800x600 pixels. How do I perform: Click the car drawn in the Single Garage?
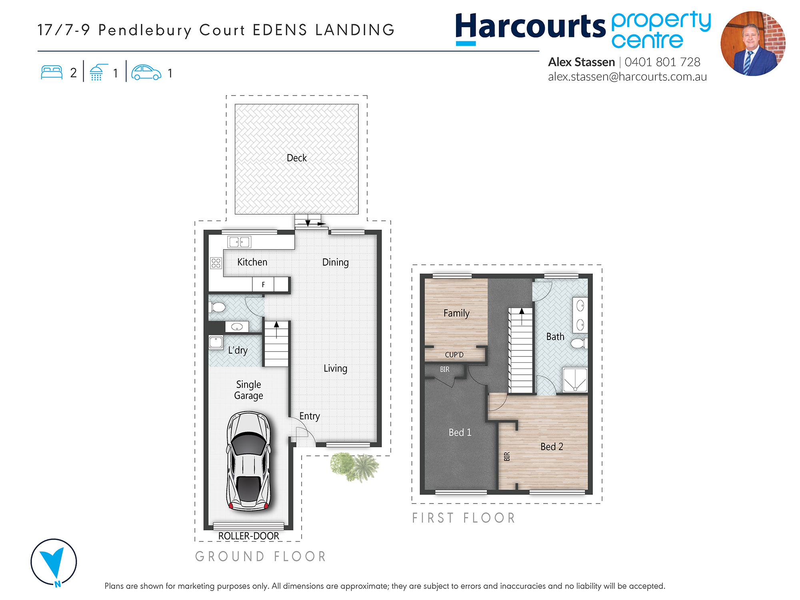coord(248,461)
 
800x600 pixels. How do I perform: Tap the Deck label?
coord(297,158)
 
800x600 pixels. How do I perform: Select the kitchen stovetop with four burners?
coord(216,263)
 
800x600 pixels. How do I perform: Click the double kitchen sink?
coord(239,242)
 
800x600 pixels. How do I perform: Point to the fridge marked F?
coord(263,284)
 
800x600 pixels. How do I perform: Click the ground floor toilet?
coord(217,307)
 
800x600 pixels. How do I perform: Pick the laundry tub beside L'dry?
coord(216,342)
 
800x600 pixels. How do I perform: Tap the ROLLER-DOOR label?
coord(248,536)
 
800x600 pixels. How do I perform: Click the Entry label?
coord(310,416)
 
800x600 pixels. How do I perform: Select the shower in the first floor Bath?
coord(575,380)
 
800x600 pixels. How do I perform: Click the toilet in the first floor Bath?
coord(579,343)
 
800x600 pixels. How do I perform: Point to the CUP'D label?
coord(454,355)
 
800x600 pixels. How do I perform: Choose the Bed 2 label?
coord(552,447)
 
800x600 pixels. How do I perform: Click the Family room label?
coord(456,313)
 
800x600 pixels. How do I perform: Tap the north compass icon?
coord(54,562)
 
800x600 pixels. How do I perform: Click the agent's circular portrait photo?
coord(753,44)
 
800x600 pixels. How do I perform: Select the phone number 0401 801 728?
coord(662,62)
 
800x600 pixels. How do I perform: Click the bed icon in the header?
coord(52,72)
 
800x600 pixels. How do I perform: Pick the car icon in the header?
coord(146,72)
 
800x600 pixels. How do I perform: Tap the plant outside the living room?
coord(354,466)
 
